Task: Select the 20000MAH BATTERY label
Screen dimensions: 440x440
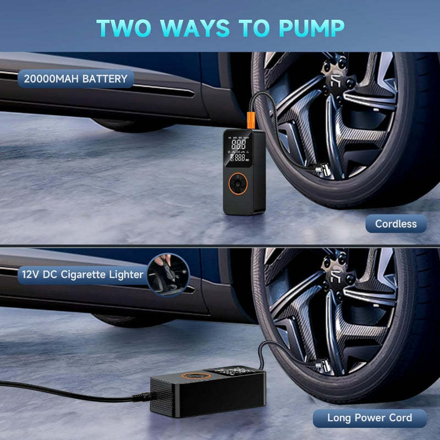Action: click(75, 79)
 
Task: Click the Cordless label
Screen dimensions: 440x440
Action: click(395, 224)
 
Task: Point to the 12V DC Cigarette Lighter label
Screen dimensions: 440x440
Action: click(83, 274)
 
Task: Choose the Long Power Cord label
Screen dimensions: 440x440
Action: click(370, 417)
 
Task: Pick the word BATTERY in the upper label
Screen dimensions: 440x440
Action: click(104, 79)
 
